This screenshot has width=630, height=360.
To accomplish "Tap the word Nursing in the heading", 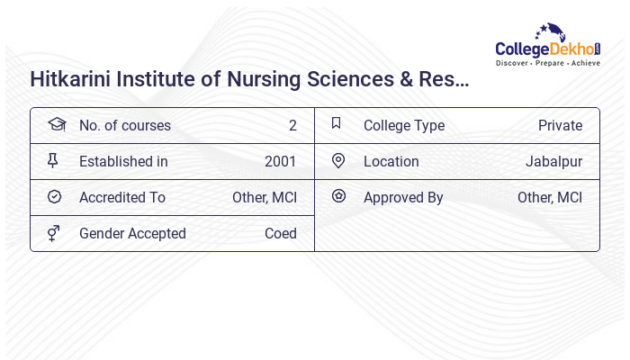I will pos(260,79).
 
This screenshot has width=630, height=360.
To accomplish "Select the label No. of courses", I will pos(124,125).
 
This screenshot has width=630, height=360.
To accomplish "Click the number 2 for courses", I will pos(292,125).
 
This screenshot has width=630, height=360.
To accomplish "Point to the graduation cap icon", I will pos(56,124).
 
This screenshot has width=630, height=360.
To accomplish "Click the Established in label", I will pos(123,161).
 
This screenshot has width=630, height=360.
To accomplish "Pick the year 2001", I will pos(280,161).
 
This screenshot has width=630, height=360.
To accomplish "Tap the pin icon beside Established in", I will pos(53,160).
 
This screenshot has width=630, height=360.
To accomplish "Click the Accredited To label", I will pos(122,197).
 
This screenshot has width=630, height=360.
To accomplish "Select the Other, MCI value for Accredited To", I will pos(265,197).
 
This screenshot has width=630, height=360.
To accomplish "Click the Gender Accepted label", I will pos(132,233).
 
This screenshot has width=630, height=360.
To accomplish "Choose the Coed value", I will pos(280,233).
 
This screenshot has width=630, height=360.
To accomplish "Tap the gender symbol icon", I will pos(54,233).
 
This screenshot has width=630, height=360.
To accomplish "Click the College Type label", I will pos(404,125).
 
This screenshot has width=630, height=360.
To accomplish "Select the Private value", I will pos(560,125).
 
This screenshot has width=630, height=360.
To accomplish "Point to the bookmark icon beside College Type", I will pos(337,123).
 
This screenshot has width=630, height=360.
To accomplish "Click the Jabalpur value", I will pos(553,161).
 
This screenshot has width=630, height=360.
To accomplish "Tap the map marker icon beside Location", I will pos(338,160).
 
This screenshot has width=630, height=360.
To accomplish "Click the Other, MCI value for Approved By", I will pos(550,197).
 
